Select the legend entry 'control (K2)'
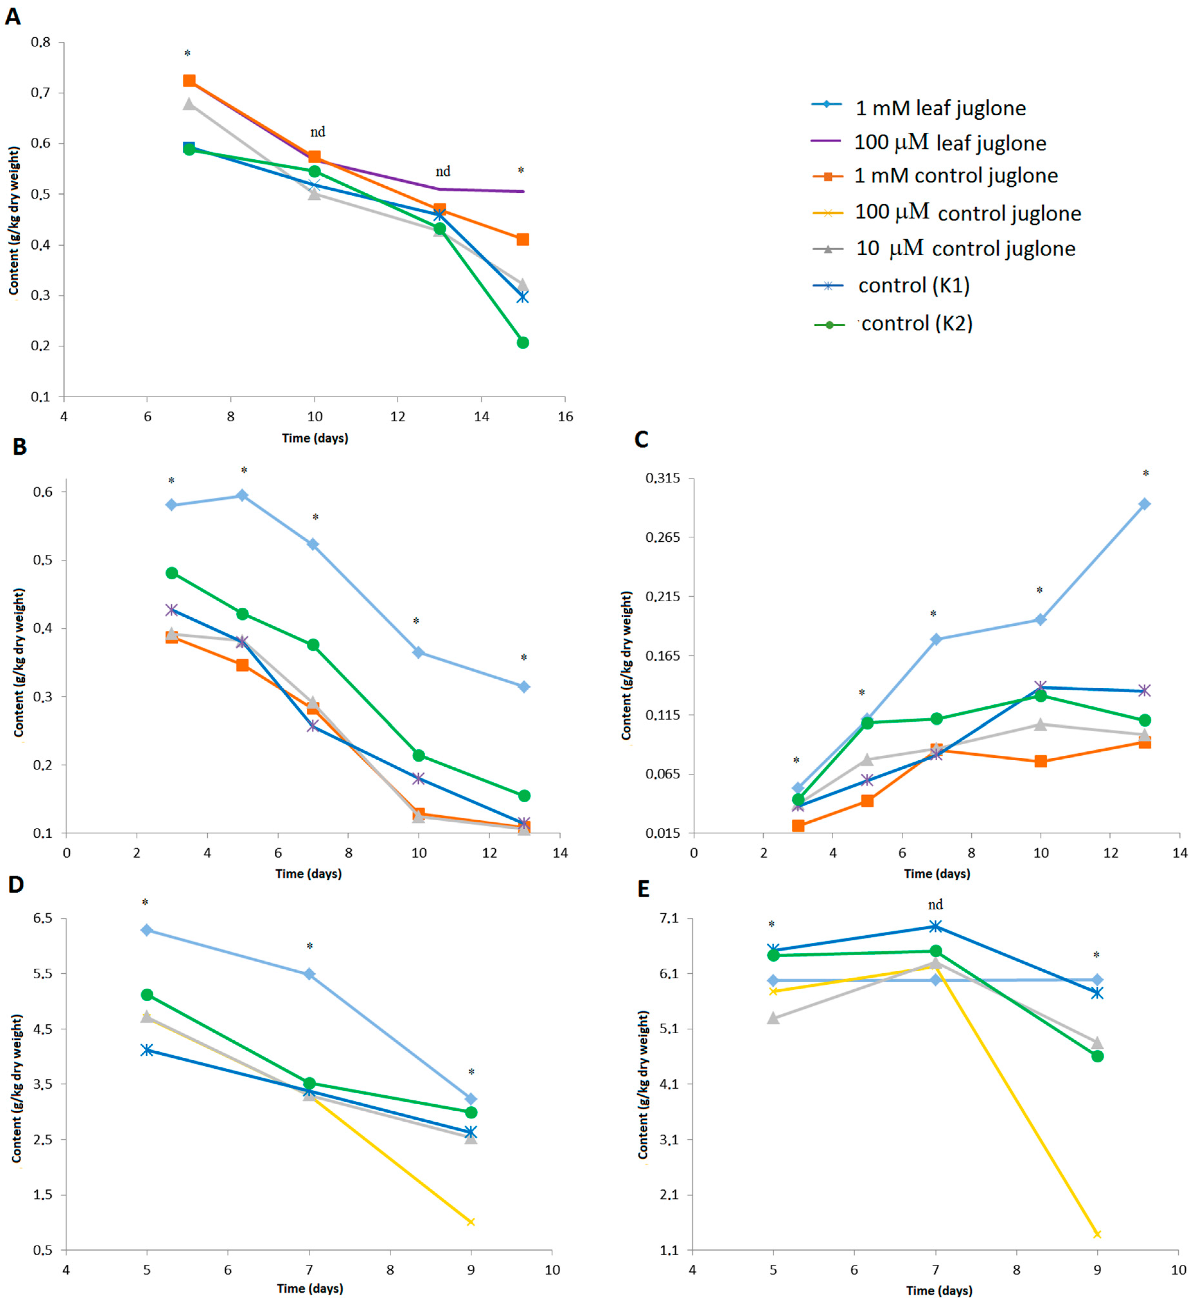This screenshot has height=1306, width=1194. click(x=894, y=323)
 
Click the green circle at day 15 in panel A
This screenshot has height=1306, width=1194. click(x=523, y=343)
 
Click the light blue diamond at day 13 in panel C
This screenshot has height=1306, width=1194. click(x=1145, y=504)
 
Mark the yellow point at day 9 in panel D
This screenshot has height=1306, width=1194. click(x=471, y=1222)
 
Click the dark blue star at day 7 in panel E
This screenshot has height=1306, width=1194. click(x=935, y=926)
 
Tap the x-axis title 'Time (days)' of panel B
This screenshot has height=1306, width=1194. click(x=308, y=874)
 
